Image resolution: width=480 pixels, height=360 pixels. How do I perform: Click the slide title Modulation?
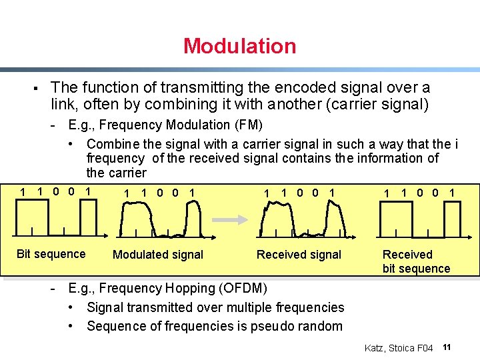[239, 46]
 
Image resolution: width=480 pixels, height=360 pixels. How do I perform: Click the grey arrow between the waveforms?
[233, 217]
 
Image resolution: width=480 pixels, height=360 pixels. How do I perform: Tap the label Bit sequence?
[51, 254]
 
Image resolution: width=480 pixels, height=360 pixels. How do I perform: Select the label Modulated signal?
[158, 255]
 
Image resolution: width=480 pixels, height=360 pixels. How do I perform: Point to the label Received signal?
[299, 255]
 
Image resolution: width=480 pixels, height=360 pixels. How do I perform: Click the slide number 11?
[447, 347]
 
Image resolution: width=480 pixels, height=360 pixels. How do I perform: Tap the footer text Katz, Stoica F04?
[399, 348]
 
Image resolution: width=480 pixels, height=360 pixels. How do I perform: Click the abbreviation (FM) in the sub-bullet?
[248, 125]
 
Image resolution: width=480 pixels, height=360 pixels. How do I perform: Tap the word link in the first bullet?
[63, 104]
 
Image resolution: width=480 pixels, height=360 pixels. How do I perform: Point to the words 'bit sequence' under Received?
[416, 269]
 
